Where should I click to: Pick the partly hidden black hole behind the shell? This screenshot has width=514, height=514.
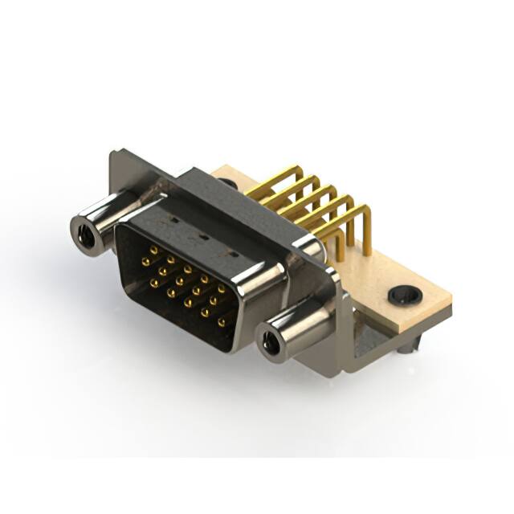230,184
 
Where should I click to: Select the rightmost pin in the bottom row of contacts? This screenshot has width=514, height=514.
222,322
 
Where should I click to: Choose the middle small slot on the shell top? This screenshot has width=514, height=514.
202,237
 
